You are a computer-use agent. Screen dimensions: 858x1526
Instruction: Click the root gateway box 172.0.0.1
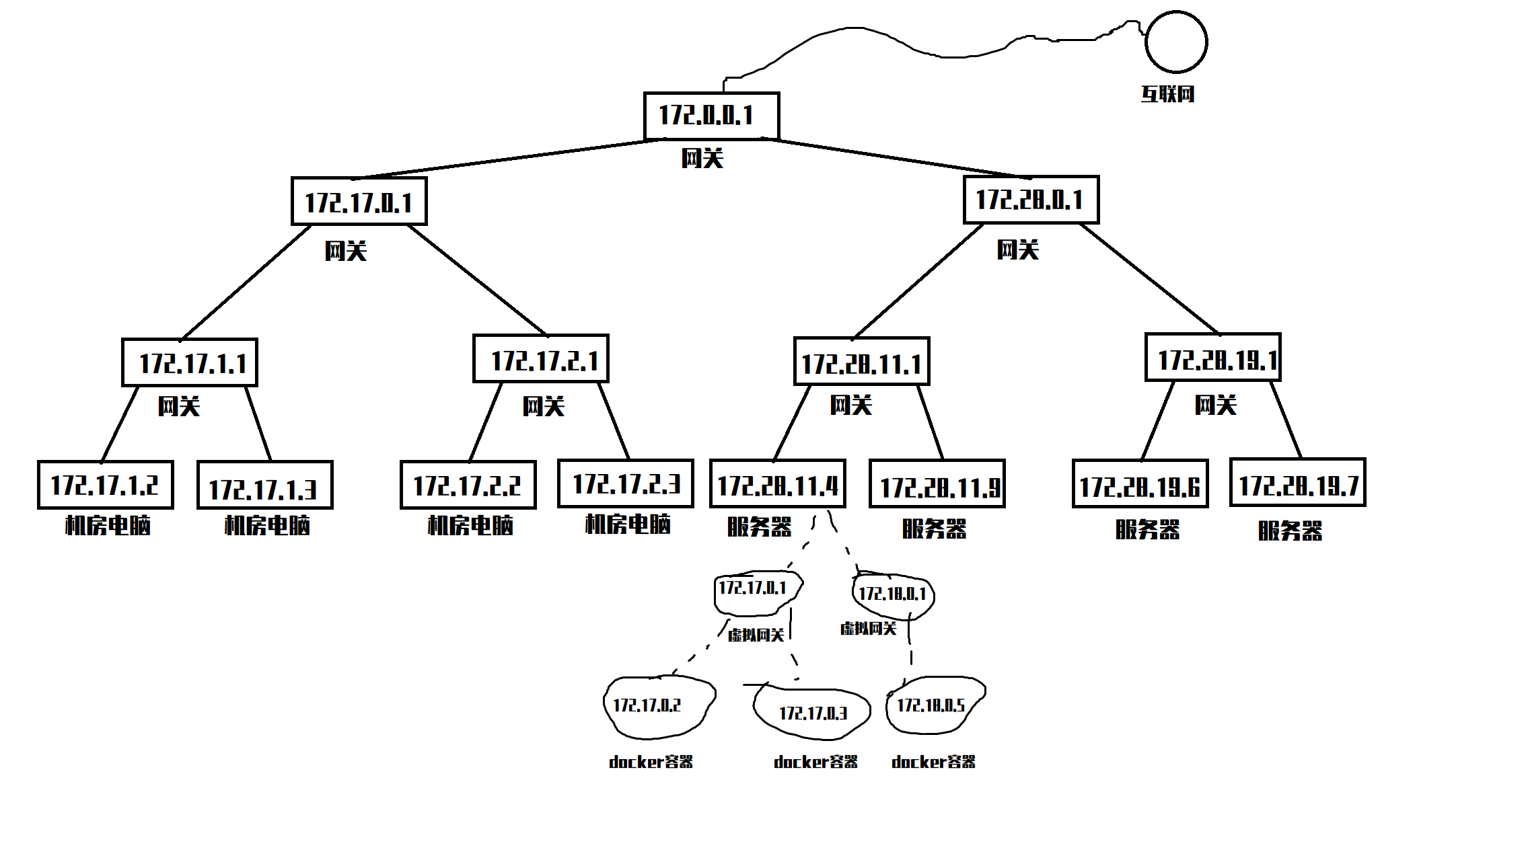coord(711,116)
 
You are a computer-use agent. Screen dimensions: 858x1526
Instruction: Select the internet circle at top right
coord(1175,42)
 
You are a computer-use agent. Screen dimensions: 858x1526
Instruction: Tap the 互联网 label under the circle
coord(1167,94)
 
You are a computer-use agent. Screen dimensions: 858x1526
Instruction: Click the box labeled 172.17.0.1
coord(359,202)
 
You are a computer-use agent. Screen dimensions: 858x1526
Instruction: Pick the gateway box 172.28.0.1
coord(1030,200)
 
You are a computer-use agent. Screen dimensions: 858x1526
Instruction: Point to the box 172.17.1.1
coord(189,363)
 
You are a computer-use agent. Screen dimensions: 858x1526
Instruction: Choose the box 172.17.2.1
coord(540,359)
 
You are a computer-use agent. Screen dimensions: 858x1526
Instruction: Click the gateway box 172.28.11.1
coord(861,362)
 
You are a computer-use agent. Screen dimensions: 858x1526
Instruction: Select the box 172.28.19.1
coord(1212,358)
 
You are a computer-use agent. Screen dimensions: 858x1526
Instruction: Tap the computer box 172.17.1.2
coord(105,485)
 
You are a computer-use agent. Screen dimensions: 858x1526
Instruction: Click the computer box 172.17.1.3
coord(264,485)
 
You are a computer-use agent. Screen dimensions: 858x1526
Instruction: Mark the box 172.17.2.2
coord(468,485)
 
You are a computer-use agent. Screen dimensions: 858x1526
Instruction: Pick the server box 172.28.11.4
coord(777,484)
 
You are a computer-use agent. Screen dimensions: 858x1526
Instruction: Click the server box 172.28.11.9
coord(937,484)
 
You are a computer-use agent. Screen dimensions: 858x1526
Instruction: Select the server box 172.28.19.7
coord(1297,483)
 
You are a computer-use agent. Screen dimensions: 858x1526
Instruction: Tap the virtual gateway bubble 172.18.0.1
coord(892,594)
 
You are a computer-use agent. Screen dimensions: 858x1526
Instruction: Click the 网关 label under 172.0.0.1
coord(702,159)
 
